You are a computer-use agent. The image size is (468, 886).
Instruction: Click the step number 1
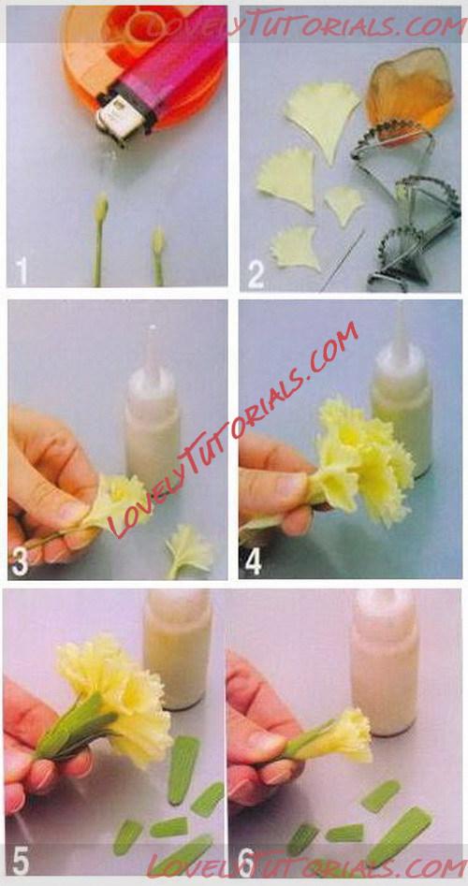tap(21, 270)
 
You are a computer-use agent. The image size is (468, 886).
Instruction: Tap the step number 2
tap(256, 275)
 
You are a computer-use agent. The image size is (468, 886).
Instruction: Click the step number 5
tap(20, 860)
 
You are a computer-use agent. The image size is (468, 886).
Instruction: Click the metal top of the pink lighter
tap(120, 116)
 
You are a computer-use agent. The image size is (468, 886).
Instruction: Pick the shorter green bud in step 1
tap(158, 255)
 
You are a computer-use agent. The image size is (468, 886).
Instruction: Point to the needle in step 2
tap(342, 261)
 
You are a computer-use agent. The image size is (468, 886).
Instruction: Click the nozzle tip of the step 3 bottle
tap(152, 327)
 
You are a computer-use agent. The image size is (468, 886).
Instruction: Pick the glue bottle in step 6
tap(385, 662)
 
